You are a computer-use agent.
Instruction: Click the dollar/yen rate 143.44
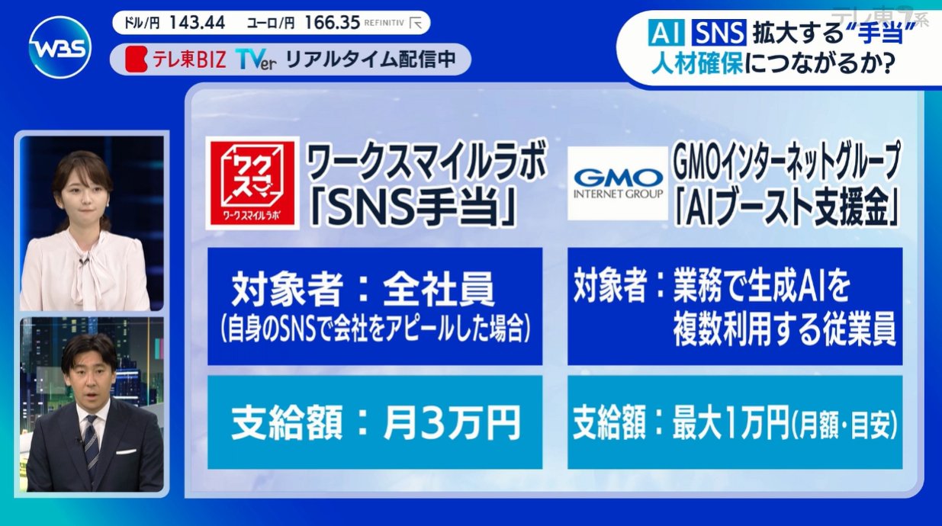[198, 22]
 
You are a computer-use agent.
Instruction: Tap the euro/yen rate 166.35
[333, 22]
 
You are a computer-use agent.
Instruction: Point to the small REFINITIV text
[384, 23]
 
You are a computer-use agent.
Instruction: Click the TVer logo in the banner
[256, 60]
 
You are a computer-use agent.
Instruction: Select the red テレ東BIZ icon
[137, 59]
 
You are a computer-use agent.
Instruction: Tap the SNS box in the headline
[719, 34]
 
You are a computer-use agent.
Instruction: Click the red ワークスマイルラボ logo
[252, 183]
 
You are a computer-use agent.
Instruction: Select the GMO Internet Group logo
[618, 184]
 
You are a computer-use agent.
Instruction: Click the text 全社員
[438, 289]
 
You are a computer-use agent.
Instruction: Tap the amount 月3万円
[452, 422]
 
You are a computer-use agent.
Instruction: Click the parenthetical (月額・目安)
[844, 425]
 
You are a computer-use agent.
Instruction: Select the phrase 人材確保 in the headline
[697, 63]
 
